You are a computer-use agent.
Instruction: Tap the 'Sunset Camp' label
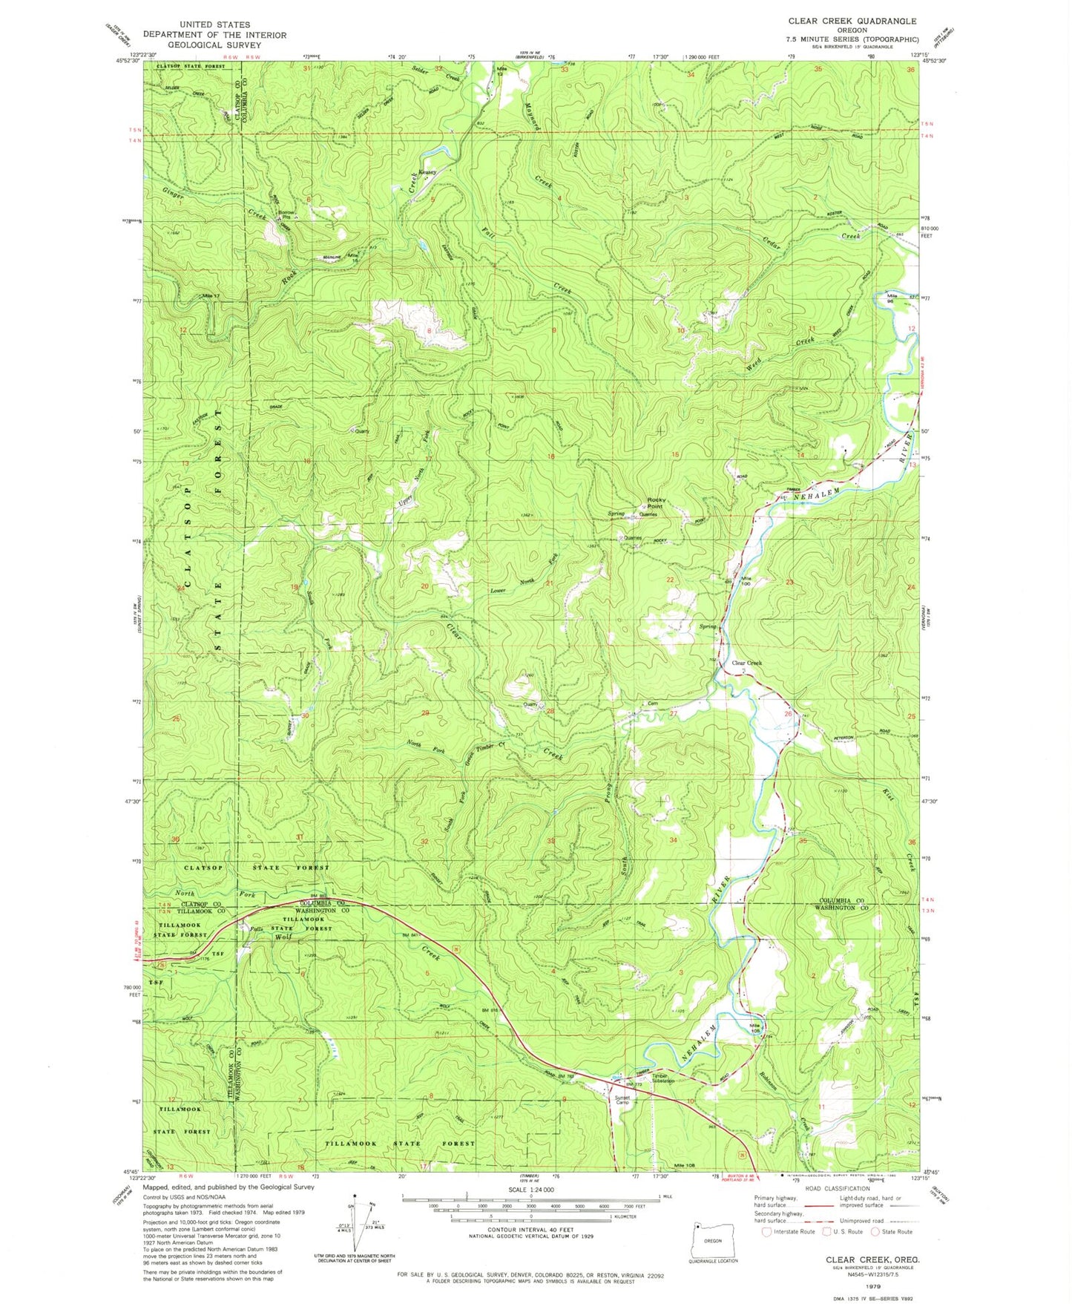point(621,1100)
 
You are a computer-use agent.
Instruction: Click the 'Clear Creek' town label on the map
point(747,663)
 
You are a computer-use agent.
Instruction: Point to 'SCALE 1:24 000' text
point(530,1189)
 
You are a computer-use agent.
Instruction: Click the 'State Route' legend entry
point(895,1232)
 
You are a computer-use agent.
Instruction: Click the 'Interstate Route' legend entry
point(792,1232)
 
